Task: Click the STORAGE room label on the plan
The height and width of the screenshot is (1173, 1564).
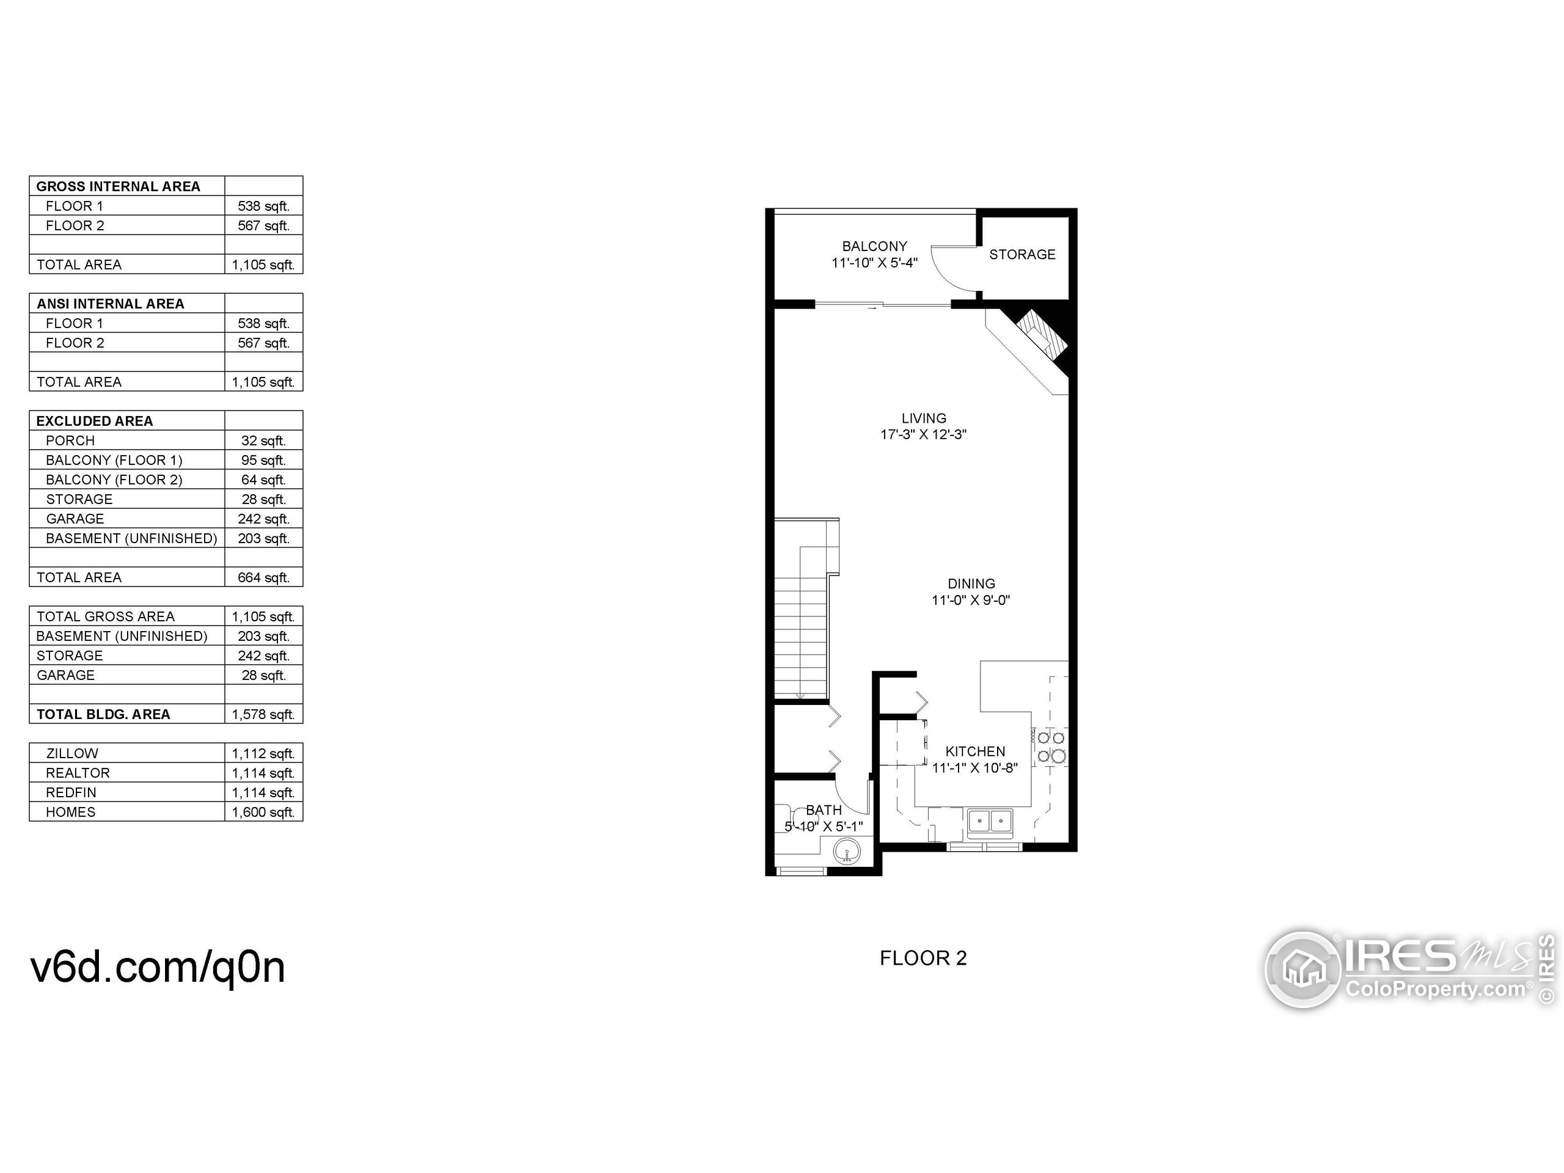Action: point(1021,255)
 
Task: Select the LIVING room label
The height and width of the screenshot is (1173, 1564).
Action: point(923,418)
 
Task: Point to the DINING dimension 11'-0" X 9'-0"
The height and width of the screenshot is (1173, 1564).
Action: point(971,601)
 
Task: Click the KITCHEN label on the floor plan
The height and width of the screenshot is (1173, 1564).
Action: point(975,751)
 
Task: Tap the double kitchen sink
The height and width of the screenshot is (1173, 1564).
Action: point(990,822)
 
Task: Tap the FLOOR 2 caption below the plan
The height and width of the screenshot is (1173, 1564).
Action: point(923,958)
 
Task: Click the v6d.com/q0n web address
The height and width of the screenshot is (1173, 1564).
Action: point(158,967)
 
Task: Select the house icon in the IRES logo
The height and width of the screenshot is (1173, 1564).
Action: point(1303,970)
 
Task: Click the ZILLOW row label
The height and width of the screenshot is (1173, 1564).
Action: point(72,754)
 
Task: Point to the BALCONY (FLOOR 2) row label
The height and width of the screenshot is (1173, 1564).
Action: point(114,480)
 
